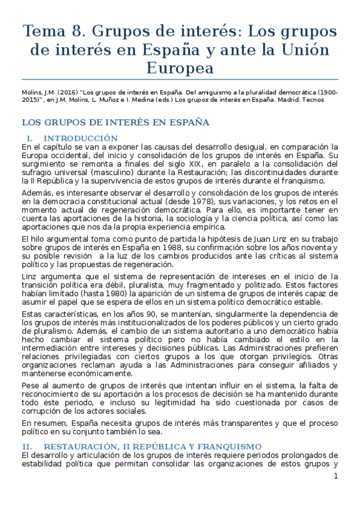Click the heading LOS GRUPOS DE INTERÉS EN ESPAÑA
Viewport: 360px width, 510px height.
[x=115, y=123]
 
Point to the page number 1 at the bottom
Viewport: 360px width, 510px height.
[x=336, y=476]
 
